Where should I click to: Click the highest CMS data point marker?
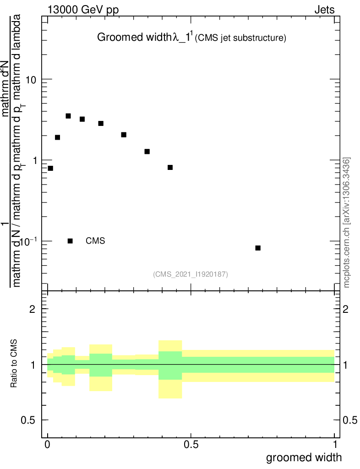(68, 116)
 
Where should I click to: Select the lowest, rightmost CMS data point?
(258, 248)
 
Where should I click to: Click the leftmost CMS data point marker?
(50, 168)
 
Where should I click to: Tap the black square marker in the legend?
(70, 241)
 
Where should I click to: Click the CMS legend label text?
(95, 241)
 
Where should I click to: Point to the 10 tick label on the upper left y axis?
(31, 80)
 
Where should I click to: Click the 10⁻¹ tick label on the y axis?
(27, 241)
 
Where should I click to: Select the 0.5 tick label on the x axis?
(191, 444)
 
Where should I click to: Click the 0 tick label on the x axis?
(48, 444)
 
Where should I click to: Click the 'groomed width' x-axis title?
(304, 457)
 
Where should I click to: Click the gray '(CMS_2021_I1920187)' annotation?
(191, 274)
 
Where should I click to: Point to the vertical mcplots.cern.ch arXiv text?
(347, 223)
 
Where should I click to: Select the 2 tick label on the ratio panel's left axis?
(33, 309)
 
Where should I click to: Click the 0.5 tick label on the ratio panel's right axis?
(351, 420)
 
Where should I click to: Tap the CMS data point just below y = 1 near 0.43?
(170, 167)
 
